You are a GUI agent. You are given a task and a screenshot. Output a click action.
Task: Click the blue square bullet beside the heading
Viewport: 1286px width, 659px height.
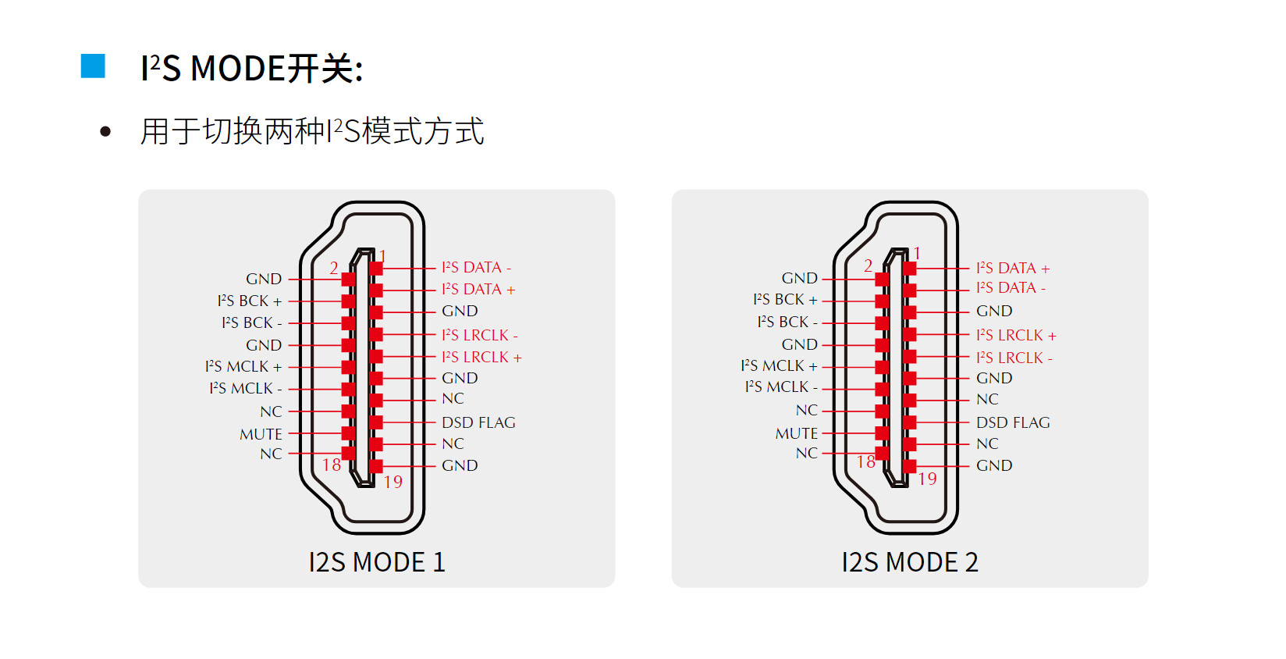coord(93,66)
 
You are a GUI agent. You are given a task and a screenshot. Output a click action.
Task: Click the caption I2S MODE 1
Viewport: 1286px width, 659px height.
coord(377,562)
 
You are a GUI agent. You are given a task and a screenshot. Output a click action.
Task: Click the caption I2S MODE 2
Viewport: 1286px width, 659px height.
coord(910,562)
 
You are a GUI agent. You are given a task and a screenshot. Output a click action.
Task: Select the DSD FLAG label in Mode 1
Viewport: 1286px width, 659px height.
coord(478,422)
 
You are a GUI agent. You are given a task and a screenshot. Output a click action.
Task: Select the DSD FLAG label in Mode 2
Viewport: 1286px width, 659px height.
coord(1013,422)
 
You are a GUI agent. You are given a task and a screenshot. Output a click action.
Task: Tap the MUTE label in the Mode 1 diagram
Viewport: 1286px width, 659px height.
coord(261,434)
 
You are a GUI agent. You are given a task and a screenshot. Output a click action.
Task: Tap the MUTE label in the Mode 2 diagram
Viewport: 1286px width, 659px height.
coord(797,433)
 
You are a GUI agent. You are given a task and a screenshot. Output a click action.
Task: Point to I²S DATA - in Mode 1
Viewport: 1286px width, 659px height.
coord(476,268)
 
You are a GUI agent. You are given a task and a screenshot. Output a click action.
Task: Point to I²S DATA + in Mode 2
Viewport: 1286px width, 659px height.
coord(1013,269)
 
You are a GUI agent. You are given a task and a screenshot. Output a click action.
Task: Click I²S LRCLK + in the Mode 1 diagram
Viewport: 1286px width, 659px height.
coord(481,357)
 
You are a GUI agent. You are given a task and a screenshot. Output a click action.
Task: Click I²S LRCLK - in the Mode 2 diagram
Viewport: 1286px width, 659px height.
coord(1014,358)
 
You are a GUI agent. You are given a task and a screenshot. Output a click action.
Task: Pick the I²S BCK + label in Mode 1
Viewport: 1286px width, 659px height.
coord(250,301)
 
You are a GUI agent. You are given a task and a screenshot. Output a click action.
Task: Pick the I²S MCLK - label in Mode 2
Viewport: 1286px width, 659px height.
coord(781,387)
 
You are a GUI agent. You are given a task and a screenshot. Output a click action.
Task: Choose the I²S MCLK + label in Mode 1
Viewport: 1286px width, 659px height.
coord(243,366)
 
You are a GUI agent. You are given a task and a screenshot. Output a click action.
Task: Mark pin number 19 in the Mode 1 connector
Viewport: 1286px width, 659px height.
coord(393,482)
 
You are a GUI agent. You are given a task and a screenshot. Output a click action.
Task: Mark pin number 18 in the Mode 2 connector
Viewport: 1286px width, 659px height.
coord(866,462)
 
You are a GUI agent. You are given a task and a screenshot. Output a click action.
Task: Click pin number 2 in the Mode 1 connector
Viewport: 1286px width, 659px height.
coord(334,268)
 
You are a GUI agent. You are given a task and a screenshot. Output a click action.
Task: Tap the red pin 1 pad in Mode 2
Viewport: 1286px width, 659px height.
coord(909,269)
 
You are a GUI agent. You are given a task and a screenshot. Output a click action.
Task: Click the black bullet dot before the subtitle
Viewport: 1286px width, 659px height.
coord(105,132)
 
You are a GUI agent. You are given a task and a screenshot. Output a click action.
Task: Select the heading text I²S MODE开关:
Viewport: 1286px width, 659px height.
coord(251,69)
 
